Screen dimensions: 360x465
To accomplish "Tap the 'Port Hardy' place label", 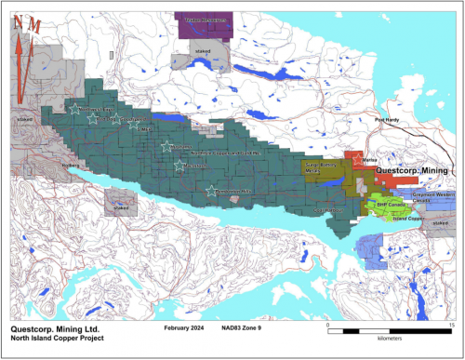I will click(386, 120).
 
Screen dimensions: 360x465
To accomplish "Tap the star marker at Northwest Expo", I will click(73, 109).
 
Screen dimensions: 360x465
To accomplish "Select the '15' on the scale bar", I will click(450, 325).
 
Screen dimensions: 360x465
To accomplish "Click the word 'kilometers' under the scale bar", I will click(389, 340).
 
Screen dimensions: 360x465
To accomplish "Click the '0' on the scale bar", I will click(329, 325).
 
